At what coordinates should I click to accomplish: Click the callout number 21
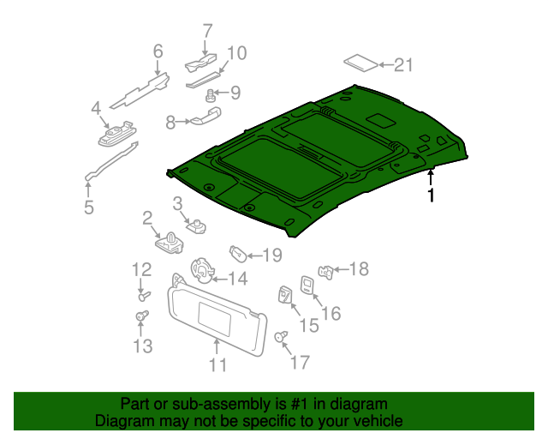pyautogui.click(x=403, y=65)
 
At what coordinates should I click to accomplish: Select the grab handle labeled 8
pyautogui.click(x=205, y=116)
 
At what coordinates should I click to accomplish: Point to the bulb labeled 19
pyautogui.click(x=238, y=254)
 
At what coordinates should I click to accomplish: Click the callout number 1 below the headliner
pyautogui.click(x=432, y=195)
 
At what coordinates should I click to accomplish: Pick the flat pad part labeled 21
pyautogui.click(x=361, y=63)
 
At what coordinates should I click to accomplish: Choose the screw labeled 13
pyautogui.click(x=142, y=316)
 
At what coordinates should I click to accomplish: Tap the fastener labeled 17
pyautogui.click(x=281, y=336)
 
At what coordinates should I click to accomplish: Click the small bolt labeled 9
pyautogui.click(x=210, y=95)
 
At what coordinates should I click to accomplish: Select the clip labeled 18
pyautogui.click(x=325, y=272)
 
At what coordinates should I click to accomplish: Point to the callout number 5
pyautogui.click(x=89, y=207)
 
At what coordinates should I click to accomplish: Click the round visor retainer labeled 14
pyautogui.click(x=202, y=271)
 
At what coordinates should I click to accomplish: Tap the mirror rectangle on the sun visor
pyautogui.click(x=215, y=319)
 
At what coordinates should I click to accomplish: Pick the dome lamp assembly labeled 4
pyautogui.click(x=117, y=134)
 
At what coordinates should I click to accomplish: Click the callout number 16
pyautogui.click(x=331, y=313)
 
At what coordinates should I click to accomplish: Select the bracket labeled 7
pyautogui.click(x=200, y=63)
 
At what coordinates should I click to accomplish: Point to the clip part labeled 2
pyautogui.click(x=170, y=243)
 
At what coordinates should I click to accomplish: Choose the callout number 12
pyautogui.click(x=141, y=270)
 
